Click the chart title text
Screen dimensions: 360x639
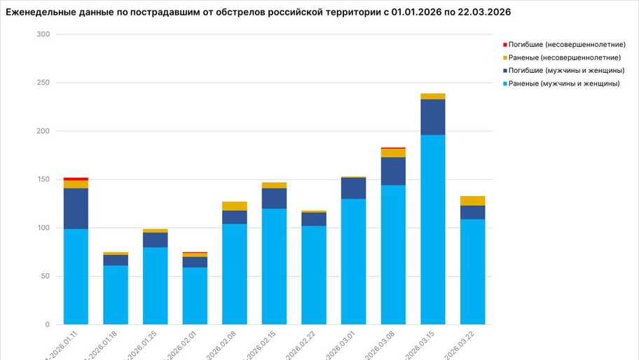click(x=258, y=13)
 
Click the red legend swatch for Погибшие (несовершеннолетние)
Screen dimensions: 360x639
click(x=505, y=44)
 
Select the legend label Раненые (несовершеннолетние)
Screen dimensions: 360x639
click(x=565, y=57)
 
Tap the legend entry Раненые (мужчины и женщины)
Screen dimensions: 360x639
click(x=564, y=84)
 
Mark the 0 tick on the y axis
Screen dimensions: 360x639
click(x=47, y=325)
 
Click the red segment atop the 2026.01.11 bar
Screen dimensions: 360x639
click(x=76, y=179)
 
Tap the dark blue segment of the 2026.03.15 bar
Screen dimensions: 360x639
click(x=432, y=117)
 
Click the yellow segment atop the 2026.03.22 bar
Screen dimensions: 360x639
click(x=472, y=200)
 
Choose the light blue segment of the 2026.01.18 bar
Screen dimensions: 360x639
click(x=116, y=294)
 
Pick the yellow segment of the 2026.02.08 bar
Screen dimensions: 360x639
click(x=235, y=206)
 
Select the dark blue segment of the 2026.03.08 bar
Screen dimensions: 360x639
click(x=393, y=171)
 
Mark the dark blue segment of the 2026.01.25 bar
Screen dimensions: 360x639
click(x=155, y=240)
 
